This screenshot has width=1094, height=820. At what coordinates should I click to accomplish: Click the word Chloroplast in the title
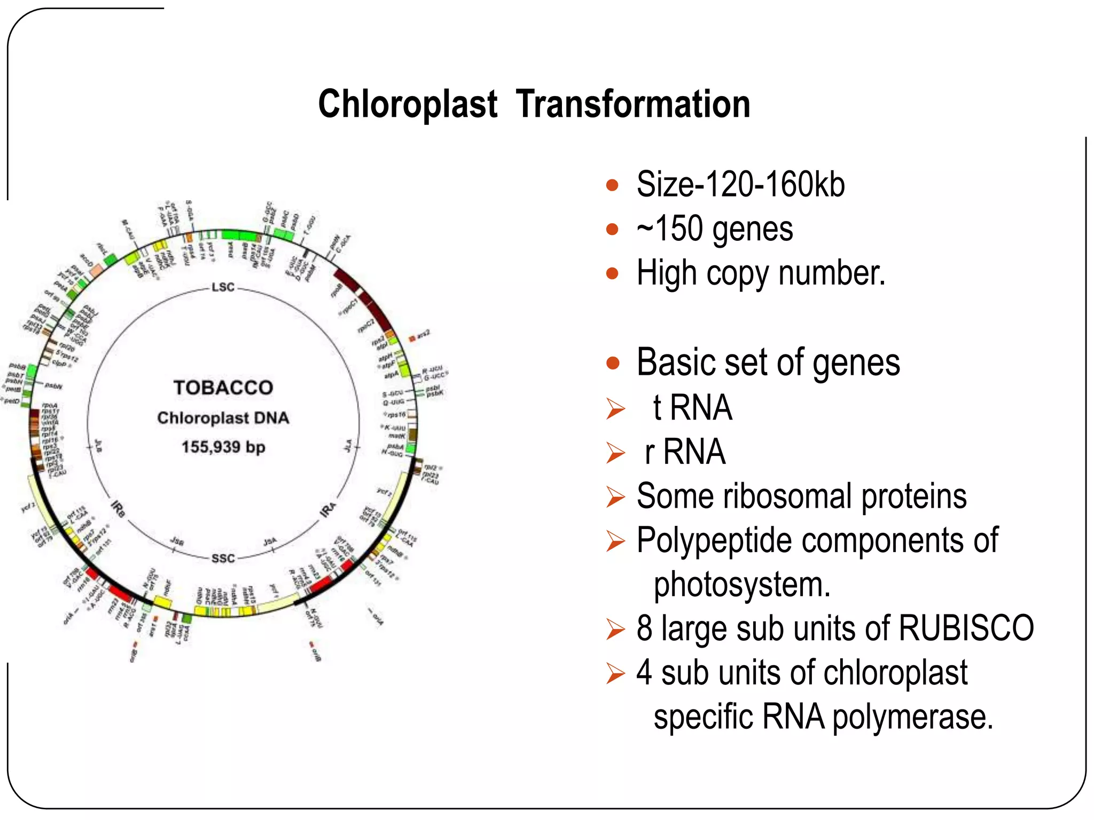coord(408,104)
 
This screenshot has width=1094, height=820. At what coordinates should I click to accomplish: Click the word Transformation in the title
coord(633,104)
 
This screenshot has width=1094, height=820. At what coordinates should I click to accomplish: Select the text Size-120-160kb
coord(740,185)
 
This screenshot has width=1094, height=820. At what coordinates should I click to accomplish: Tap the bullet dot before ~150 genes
coord(612,230)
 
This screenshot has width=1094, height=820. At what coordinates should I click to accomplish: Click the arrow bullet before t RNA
coord(615,409)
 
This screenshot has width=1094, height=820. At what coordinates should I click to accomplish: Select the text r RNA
coord(685,452)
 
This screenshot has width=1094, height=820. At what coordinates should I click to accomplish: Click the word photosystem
coord(741,585)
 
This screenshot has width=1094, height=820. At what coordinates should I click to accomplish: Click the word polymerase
coord(912,716)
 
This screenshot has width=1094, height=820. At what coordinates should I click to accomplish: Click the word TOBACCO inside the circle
coord(223,388)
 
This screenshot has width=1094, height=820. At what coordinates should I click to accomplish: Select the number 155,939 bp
coord(223,447)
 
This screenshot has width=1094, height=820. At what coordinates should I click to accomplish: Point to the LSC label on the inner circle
coord(223,287)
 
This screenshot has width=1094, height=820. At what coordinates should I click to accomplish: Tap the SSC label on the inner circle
coord(223,558)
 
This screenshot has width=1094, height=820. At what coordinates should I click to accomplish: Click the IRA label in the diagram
coord(328,509)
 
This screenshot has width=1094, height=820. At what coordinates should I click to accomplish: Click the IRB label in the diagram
coord(118,509)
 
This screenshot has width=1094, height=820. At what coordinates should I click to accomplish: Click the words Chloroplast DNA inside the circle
coord(223,418)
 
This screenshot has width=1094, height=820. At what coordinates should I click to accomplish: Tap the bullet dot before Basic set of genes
coord(612,364)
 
